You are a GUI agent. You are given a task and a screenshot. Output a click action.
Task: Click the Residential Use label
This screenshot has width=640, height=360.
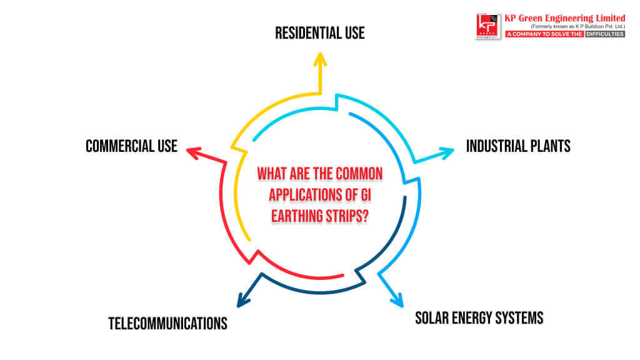point(319,33)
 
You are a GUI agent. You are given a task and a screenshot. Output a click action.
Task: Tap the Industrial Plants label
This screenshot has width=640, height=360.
point(518,146)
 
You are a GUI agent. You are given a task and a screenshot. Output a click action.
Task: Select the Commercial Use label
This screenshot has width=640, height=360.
point(131,146)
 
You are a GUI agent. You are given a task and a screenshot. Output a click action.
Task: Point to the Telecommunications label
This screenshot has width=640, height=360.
point(167,324)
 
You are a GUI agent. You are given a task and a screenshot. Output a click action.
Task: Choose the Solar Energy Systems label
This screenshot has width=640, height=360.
point(479,318)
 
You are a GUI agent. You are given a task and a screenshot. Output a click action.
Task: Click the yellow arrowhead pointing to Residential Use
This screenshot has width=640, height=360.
point(320,59)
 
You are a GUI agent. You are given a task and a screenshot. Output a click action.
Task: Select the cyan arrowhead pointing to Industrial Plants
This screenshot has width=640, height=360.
point(446,152)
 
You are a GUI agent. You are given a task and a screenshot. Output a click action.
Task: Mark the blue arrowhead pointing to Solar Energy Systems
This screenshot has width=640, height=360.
point(397,301)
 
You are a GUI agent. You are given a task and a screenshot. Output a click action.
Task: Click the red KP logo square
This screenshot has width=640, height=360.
point(487,26)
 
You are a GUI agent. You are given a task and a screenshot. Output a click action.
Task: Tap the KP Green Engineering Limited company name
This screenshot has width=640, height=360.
point(565,18)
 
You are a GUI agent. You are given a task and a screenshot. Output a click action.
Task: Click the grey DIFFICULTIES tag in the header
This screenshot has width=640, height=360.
point(605,34)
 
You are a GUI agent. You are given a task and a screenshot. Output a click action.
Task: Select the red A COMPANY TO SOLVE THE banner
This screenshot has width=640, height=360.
point(544,34)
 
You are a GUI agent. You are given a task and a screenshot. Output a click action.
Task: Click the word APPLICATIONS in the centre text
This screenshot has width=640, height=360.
point(306,195)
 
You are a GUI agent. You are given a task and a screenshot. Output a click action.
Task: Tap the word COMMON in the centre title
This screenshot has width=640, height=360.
point(361,174)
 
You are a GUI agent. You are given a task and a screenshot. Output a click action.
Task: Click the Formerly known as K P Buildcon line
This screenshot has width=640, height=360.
point(577,26)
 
